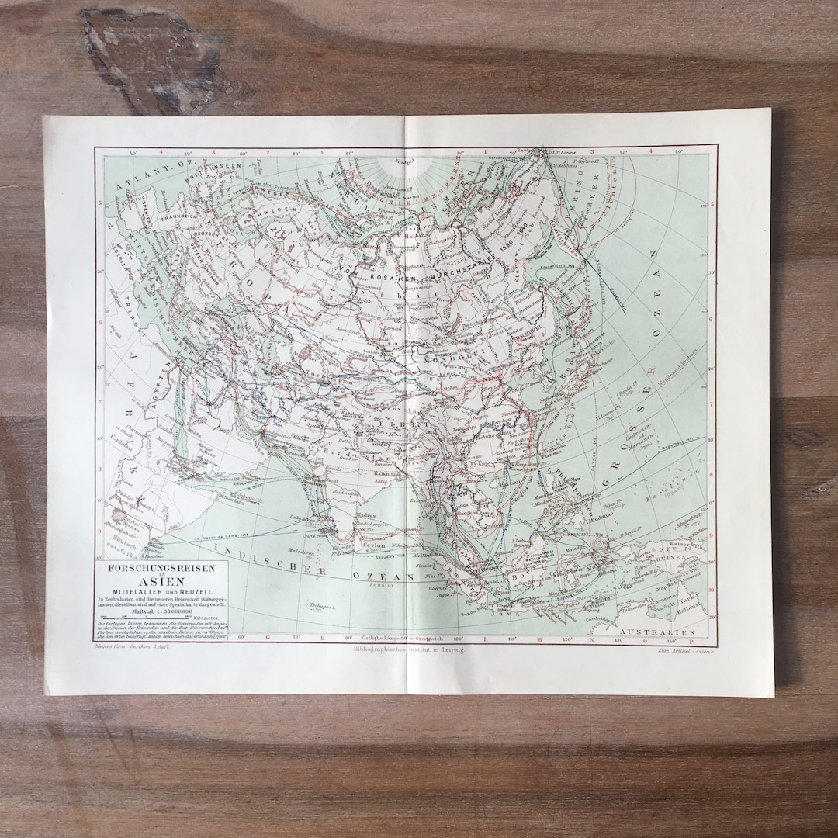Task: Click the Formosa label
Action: pos(553,448)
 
